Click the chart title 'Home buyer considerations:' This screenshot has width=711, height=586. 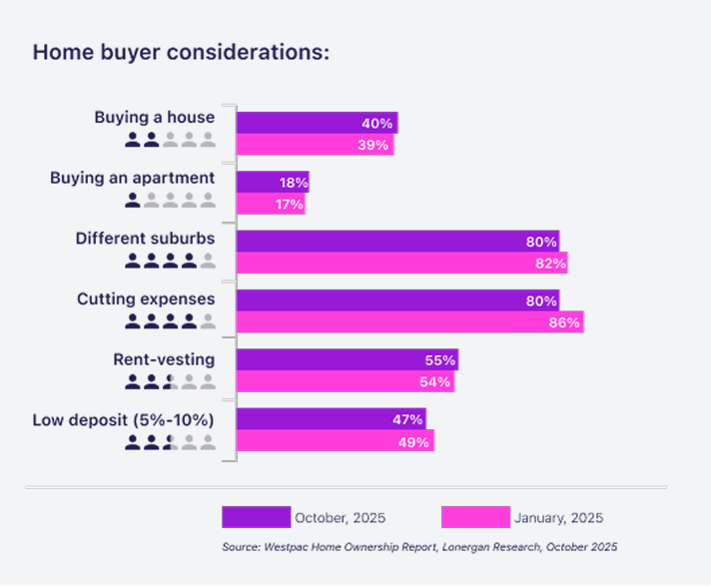181,52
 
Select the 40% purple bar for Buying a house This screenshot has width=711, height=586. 317,123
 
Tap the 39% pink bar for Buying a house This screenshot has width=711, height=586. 315,145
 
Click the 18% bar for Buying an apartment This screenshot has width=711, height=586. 272,182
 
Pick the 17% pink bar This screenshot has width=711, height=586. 270,204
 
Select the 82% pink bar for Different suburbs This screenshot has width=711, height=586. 402,263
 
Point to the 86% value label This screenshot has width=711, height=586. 565,322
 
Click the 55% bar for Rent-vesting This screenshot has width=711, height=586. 347,359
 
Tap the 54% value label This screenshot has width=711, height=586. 436,381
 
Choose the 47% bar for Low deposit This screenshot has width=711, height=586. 331,419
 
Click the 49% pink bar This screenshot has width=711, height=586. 335,441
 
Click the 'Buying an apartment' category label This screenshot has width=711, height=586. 133,178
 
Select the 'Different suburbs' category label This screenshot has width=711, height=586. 146,239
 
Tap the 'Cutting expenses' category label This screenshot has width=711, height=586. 146,298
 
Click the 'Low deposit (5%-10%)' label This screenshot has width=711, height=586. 124,419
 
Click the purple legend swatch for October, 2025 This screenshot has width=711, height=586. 256,517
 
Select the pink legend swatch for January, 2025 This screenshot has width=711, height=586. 475,517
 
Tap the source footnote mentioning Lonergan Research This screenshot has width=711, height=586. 419,547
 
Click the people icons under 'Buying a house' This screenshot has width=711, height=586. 170,140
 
